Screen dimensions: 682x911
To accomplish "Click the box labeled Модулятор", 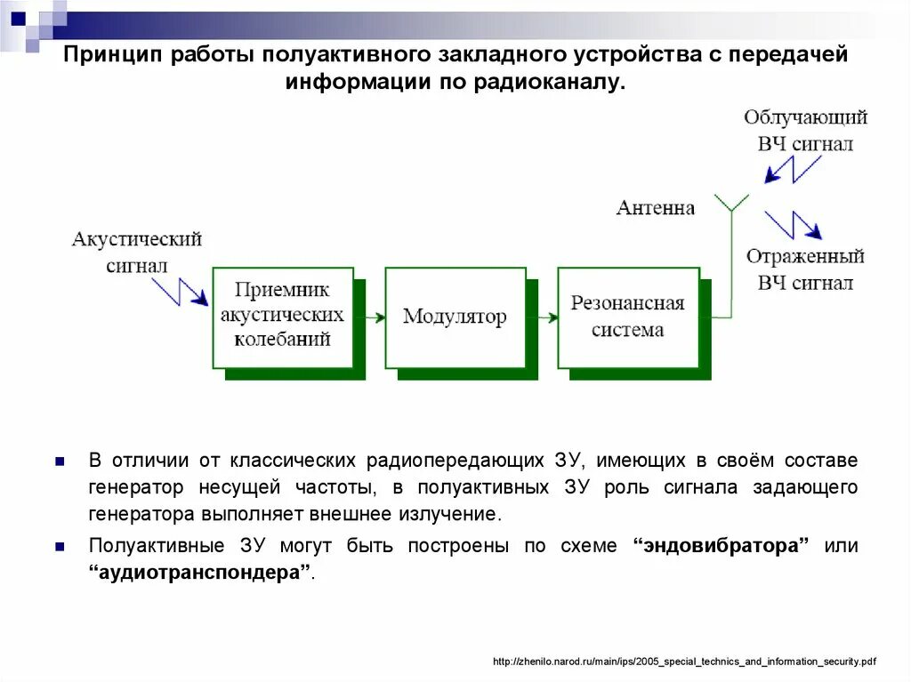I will coord(455,317).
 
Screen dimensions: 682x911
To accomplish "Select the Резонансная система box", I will coord(627,317).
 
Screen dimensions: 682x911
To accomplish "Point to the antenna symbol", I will coord(731,204).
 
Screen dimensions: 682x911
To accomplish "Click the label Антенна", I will coord(656,208).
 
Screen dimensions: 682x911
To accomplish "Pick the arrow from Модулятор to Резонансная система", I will coord(547,317).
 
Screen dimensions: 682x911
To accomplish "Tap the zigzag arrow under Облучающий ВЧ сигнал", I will coord(792,168).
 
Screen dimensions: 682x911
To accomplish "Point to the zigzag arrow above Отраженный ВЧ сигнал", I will coord(792,225).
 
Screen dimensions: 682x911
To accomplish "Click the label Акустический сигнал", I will coord(136,252).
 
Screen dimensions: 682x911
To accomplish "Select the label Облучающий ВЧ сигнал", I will coord(805,131).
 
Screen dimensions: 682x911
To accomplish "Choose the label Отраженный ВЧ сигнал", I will coord(805,269).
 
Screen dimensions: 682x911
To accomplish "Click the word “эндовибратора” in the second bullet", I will coord(721,546).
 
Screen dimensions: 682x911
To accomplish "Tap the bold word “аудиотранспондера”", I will coord(200,573).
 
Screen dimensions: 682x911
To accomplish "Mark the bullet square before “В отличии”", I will coord(60,461).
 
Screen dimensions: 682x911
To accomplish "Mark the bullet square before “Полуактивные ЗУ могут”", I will coord(60,547).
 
